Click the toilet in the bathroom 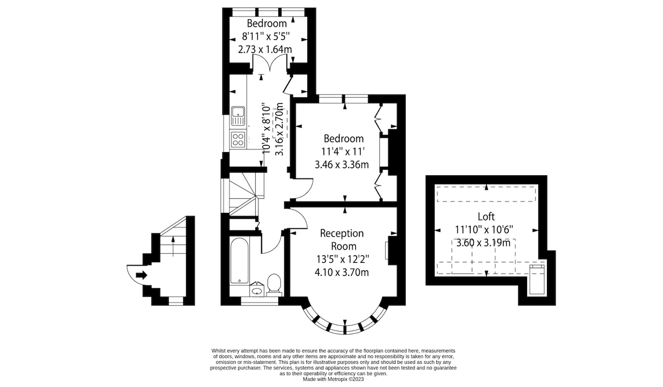click(274, 285)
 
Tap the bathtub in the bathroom click(240, 261)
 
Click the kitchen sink click(238, 116)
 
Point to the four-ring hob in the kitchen click(238, 139)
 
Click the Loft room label click(486, 217)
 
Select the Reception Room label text click(343, 240)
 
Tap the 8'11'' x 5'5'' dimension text click(265, 37)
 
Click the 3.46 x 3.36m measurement click(342, 164)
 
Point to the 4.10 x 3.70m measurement click(342, 272)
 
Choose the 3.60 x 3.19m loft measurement click(484, 243)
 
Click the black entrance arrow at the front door click(141, 275)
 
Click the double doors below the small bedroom click(270, 63)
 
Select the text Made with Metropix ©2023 click(333, 379)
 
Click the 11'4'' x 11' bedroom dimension click(343, 152)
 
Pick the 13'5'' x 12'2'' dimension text click(343, 260)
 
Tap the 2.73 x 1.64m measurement click(265, 49)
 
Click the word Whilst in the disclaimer click(219, 351)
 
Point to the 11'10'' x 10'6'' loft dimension click(484, 230)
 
